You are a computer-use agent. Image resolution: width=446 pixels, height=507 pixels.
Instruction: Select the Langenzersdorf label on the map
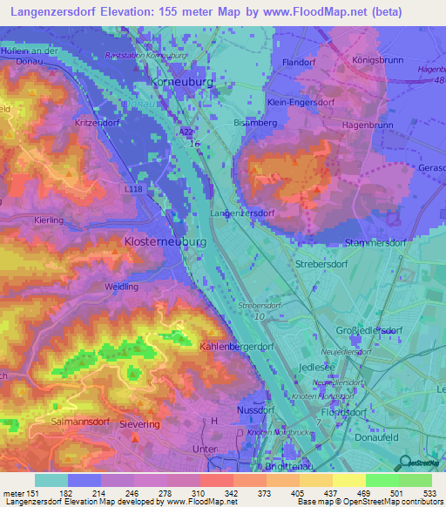pyautogui.click(x=243, y=213)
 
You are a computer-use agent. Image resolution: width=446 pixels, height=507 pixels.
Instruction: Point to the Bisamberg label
pyautogui.click(x=253, y=123)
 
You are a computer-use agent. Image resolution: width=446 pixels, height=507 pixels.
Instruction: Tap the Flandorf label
pyautogui.click(x=299, y=63)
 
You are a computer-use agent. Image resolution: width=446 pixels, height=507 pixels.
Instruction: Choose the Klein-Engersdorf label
pyautogui.click(x=301, y=102)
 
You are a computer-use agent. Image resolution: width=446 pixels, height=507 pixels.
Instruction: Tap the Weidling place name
pyautogui.click(x=120, y=287)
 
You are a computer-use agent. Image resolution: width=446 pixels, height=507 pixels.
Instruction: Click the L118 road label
pyautogui.click(x=133, y=188)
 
